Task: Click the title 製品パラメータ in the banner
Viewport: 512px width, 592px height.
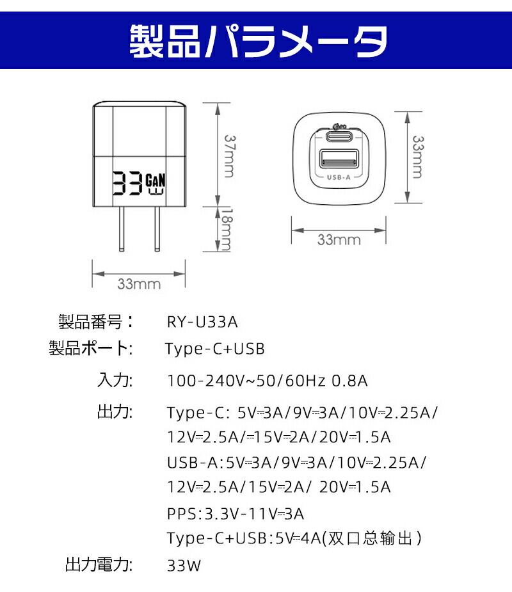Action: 258,41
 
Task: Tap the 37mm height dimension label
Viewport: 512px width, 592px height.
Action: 229,156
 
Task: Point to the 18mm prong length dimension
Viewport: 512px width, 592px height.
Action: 226,230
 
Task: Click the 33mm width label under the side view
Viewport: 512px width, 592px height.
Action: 139,284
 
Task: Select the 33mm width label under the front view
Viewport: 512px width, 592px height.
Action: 339,240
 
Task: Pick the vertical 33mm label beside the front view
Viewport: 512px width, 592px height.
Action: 417,157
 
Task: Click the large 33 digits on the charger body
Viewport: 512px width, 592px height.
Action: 127,184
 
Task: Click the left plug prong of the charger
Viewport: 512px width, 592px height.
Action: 121,228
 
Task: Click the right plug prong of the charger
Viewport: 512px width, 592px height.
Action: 157,228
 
